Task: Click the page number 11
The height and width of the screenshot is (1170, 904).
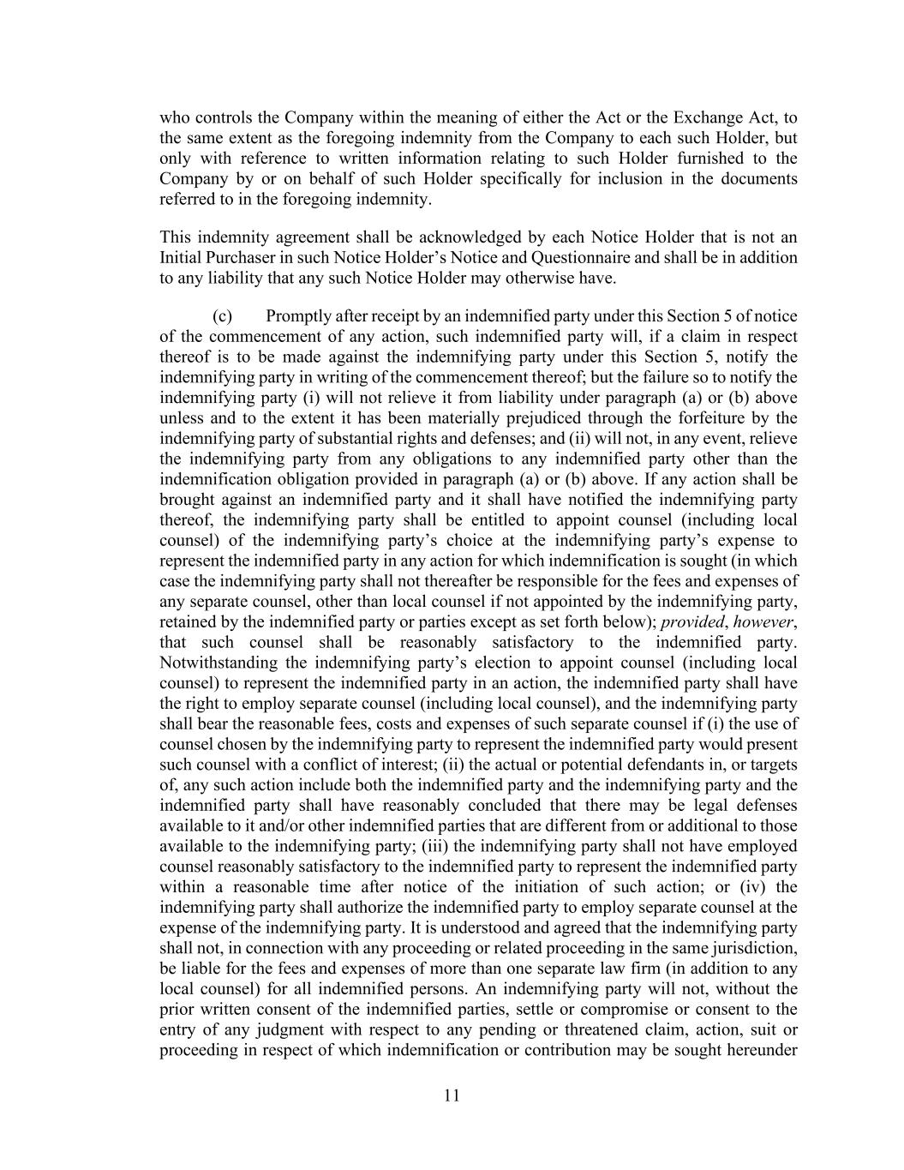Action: [x=452, y=1095]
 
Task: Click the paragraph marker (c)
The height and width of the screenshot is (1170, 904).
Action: [x=222, y=316]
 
